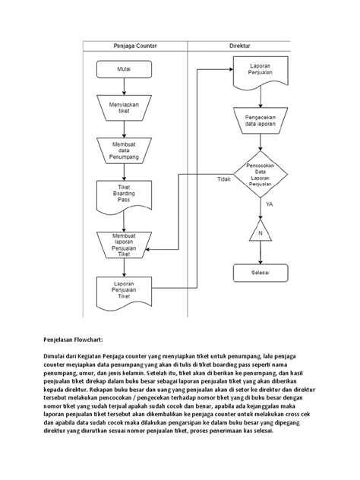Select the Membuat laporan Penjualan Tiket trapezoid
(x=124, y=245)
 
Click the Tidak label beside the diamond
(x=223, y=179)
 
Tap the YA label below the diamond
(x=269, y=205)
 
